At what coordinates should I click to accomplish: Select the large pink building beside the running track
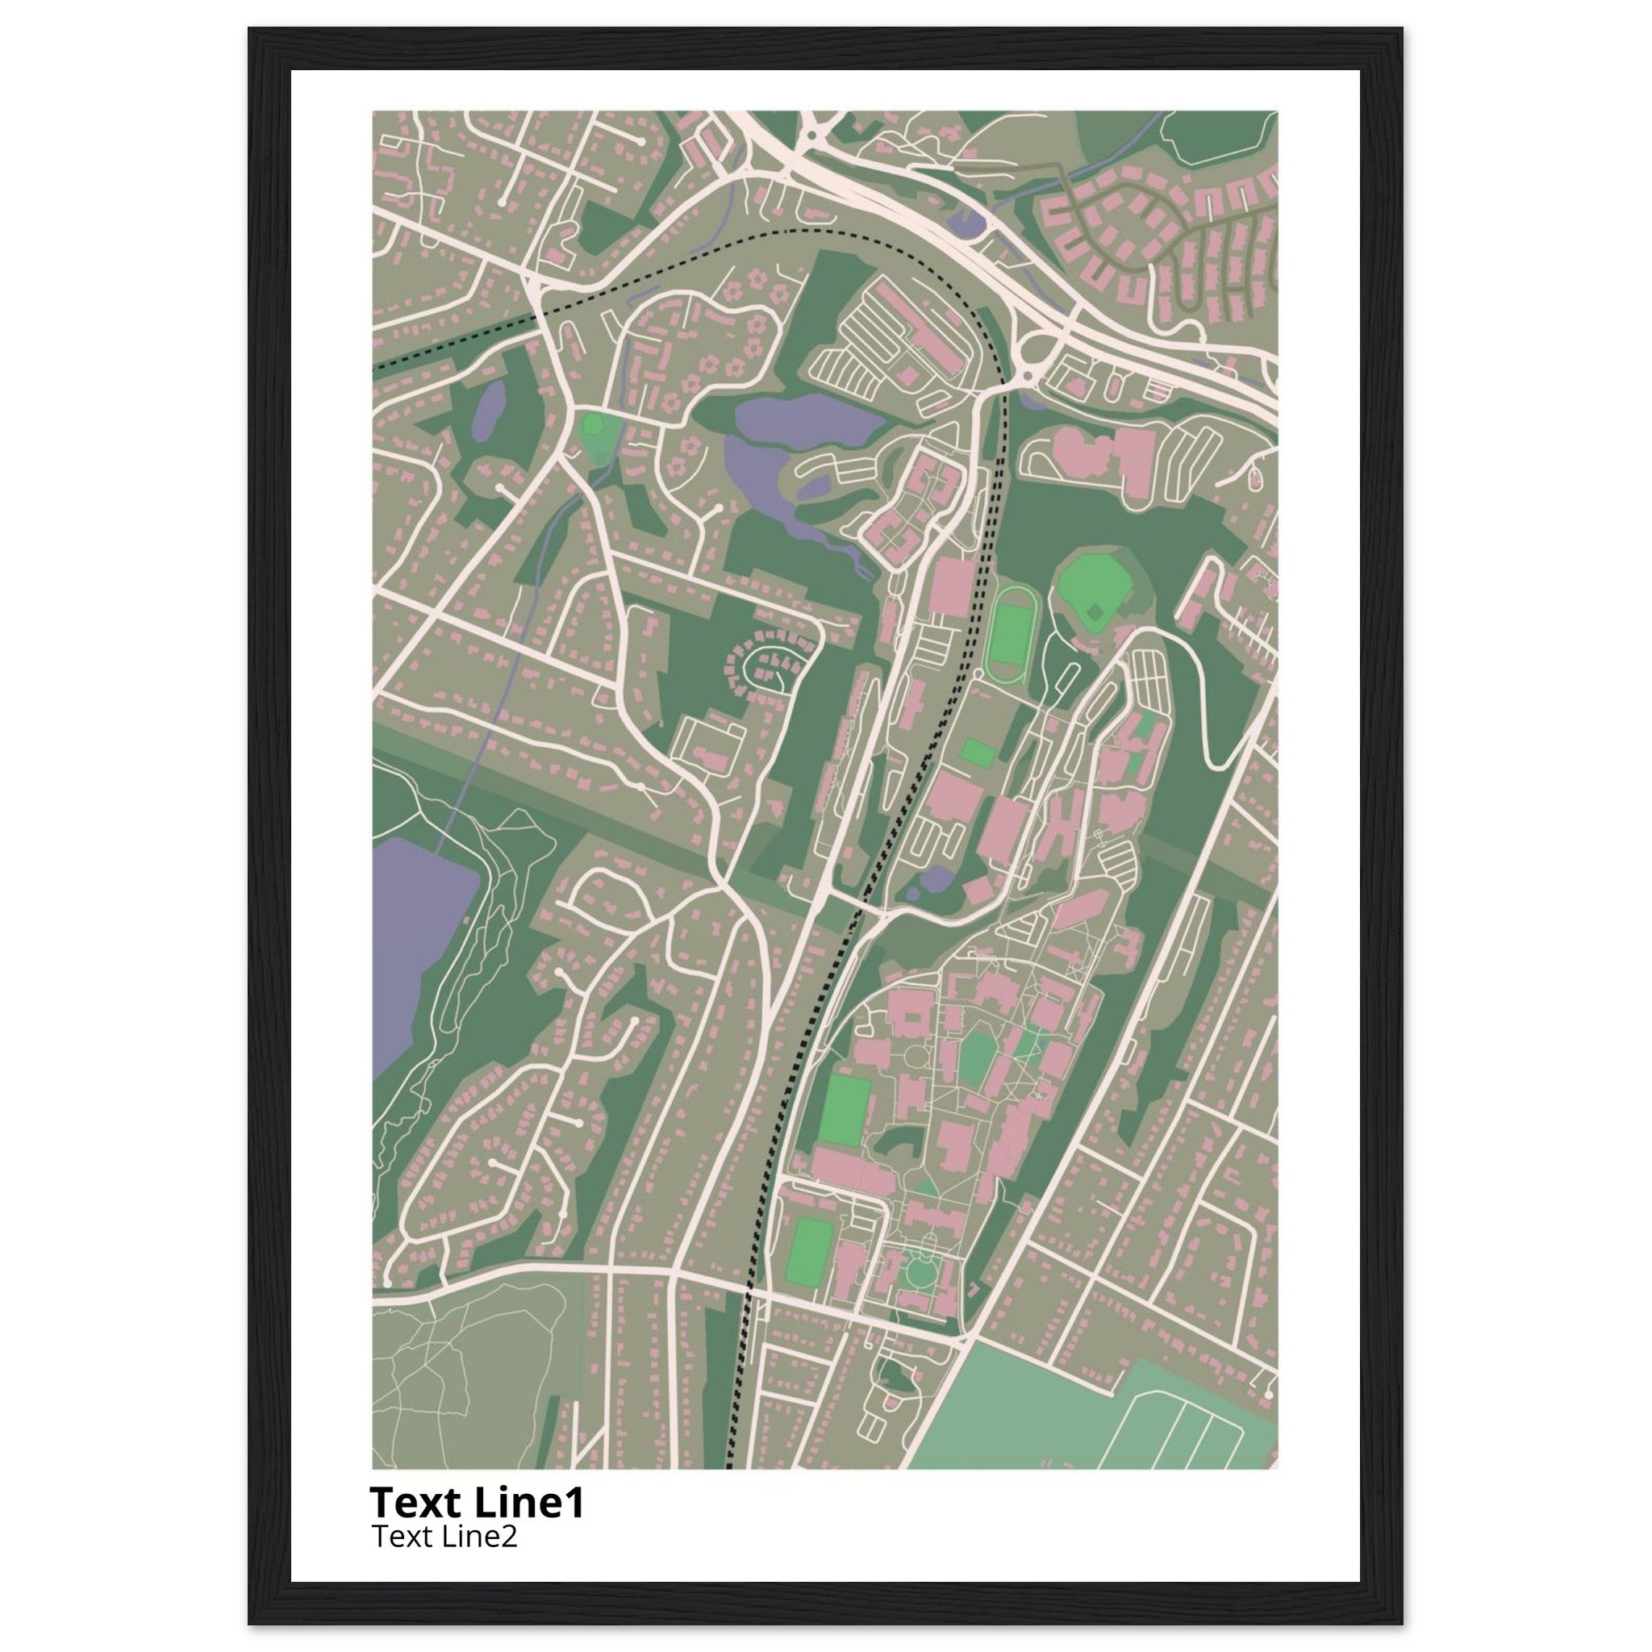pyautogui.click(x=951, y=586)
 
